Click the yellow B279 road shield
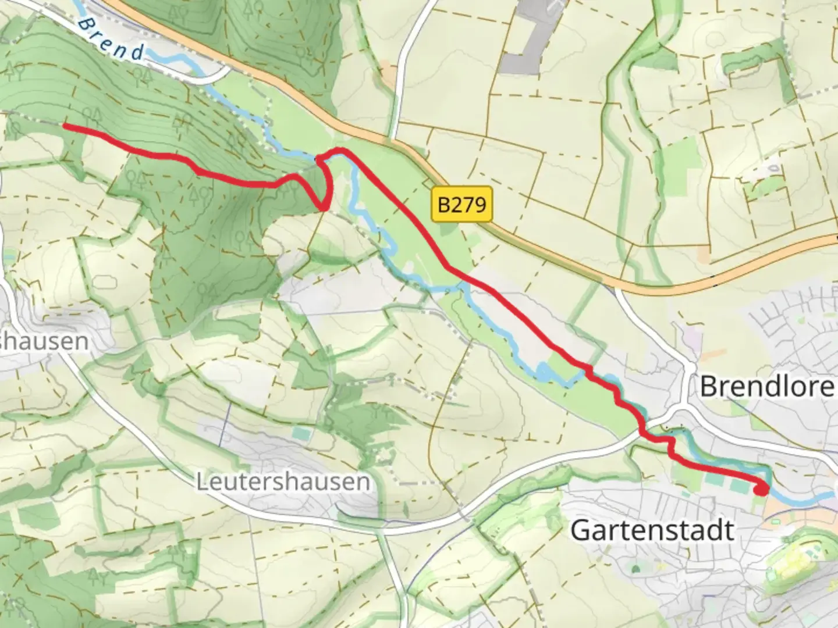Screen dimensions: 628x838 462,204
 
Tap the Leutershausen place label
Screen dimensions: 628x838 283,482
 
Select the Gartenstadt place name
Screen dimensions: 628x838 652,530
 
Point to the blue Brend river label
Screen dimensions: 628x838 111,38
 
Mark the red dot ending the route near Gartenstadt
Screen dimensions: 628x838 760,490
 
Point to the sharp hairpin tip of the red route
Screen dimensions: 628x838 324,206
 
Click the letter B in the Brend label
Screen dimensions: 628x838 87,24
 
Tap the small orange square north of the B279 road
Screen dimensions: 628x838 704,254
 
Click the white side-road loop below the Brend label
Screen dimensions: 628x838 218,74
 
